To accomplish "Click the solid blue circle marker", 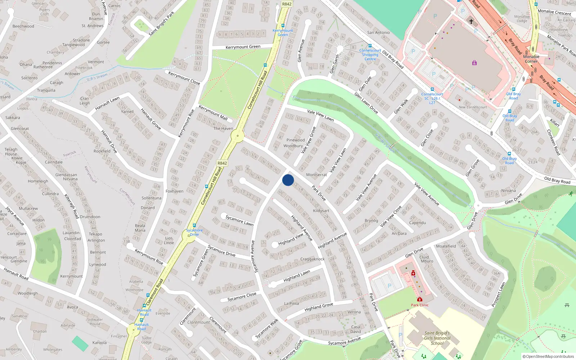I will tap(288, 180).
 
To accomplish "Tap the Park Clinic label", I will tap(420, 305).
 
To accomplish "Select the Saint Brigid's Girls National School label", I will tap(437, 338).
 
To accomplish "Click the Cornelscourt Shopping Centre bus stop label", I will tap(370, 55).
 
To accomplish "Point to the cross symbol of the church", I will tap(471, 22).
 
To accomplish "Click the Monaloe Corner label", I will tap(531, 59).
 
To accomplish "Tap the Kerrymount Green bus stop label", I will tap(283, 32).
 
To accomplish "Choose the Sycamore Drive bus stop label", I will tap(194, 232).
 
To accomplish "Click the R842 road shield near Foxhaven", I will tap(222, 163).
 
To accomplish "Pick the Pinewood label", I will tap(296, 140).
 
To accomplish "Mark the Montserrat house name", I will tap(316, 175).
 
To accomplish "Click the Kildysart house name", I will tap(321, 211).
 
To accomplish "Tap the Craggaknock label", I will tap(312, 259).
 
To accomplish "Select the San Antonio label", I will tap(378, 32).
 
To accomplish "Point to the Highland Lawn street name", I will tap(297, 276).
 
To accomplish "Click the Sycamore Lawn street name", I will tap(239, 220).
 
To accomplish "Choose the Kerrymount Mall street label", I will tap(213, 113).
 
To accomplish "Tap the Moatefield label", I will tap(446, 246).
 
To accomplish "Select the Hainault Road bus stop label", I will tap(144, 312).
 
